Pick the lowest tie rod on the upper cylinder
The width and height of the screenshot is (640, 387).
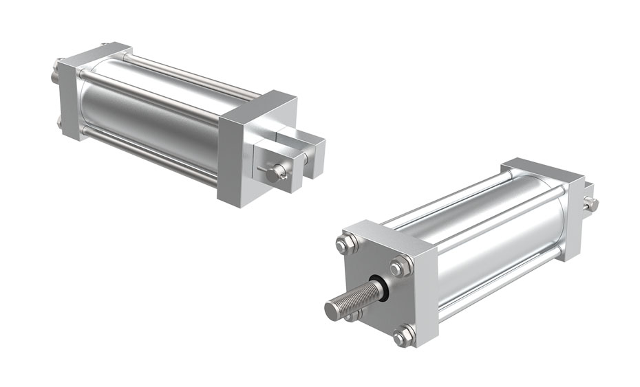coord(151,159)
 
